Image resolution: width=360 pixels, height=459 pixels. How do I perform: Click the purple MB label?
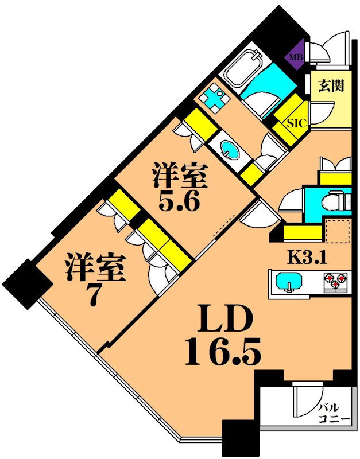[x=295, y=57]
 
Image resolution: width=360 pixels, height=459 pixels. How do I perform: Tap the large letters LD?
[x=225, y=319]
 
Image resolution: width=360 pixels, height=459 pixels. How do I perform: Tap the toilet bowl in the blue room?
[x=333, y=202]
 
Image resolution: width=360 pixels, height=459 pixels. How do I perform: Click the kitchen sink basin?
[x=287, y=282]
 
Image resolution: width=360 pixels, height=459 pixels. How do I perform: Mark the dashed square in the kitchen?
[x=337, y=230]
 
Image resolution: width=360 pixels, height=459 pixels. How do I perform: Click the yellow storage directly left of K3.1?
[x=301, y=232]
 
